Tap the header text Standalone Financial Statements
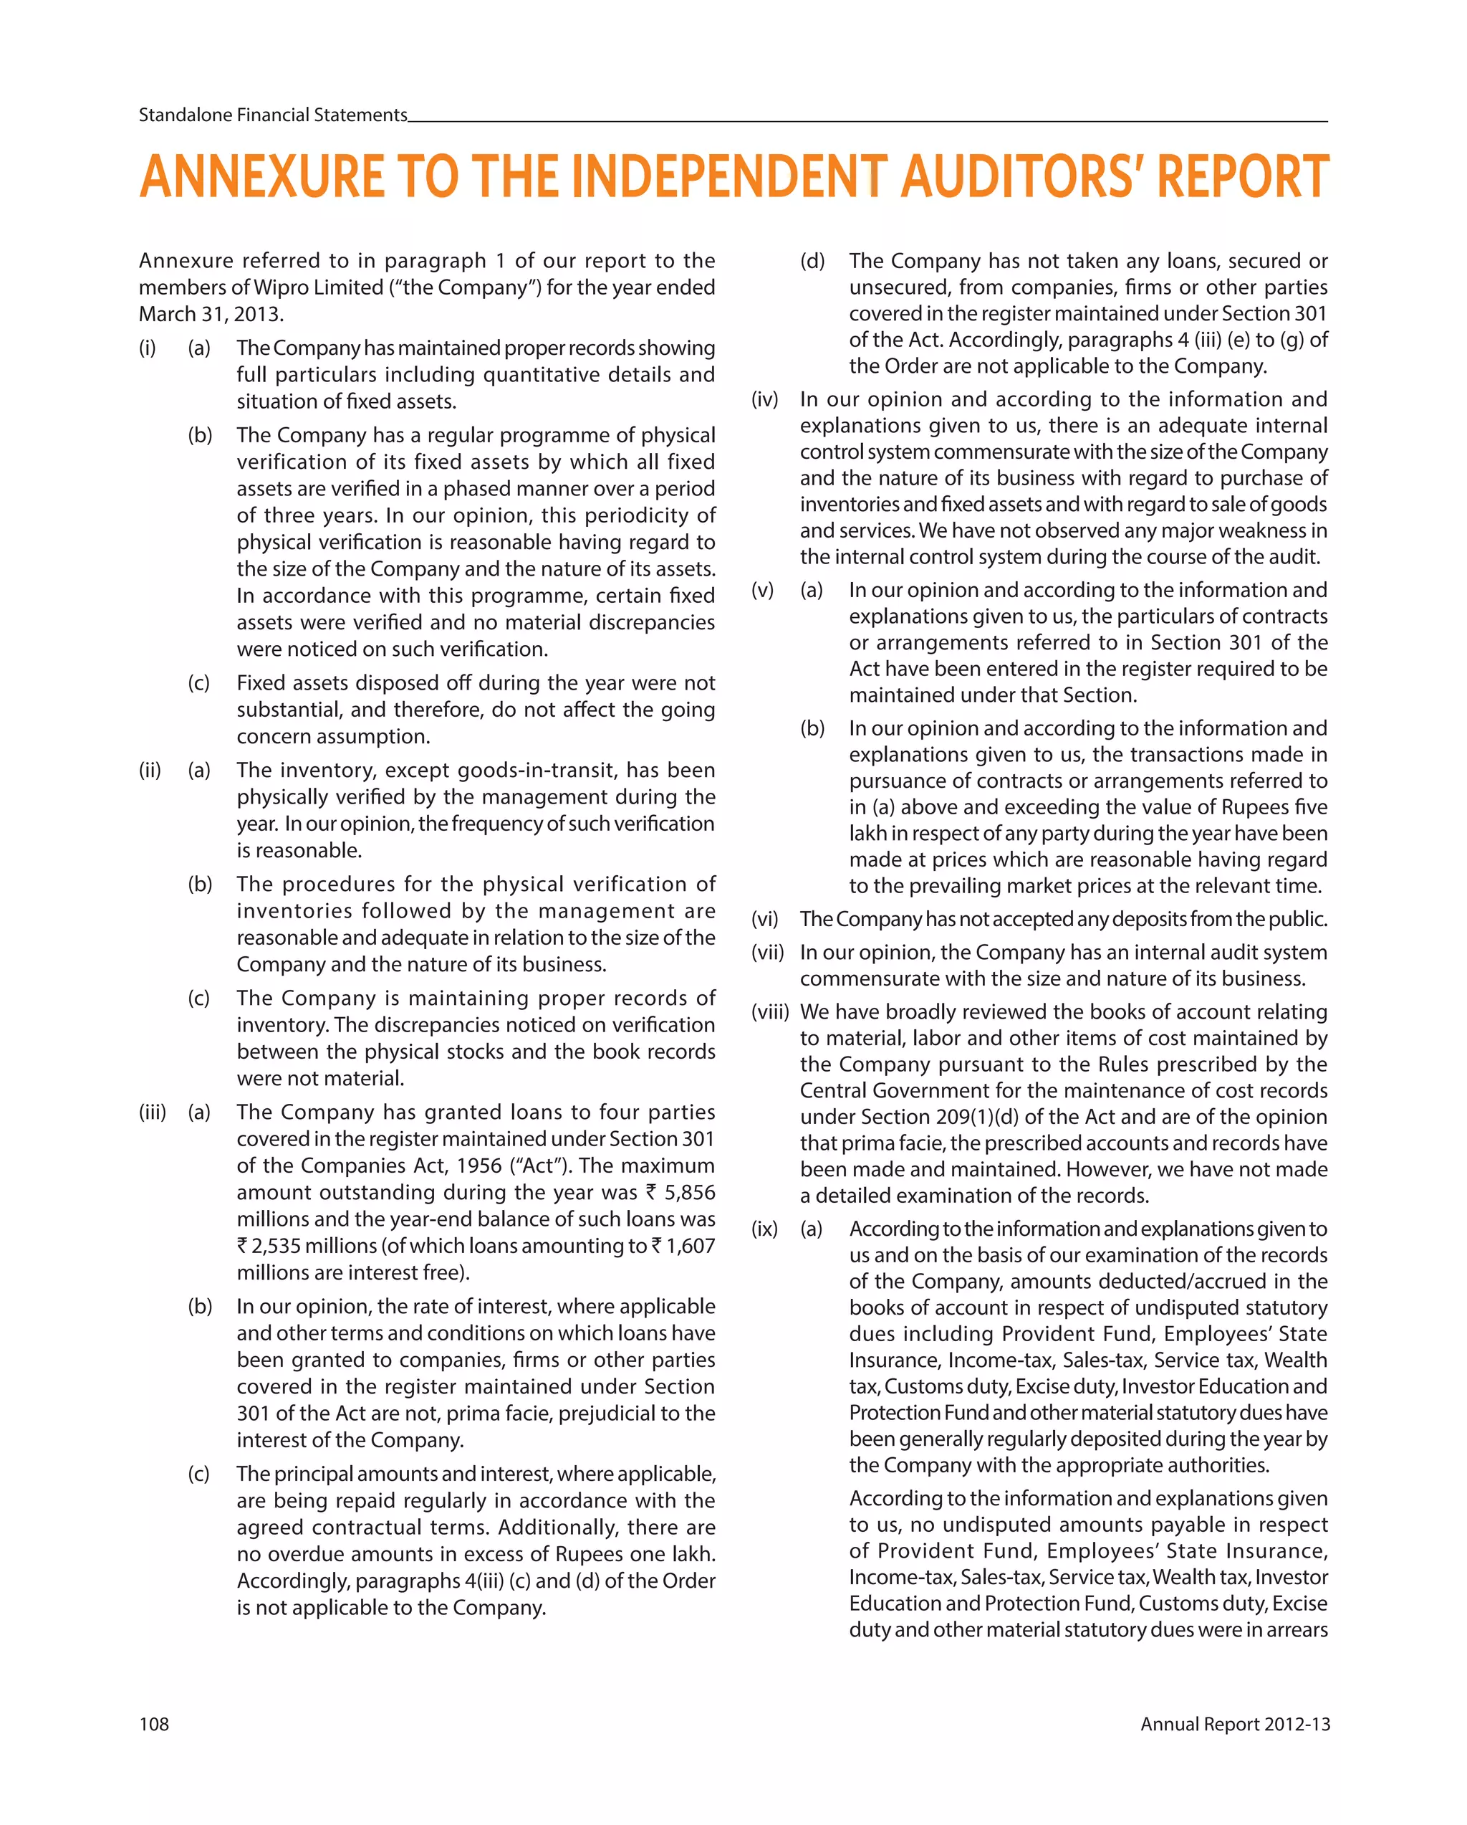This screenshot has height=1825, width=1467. [x=272, y=115]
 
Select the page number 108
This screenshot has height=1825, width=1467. [x=154, y=1724]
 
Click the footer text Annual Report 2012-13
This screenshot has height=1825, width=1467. [x=1234, y=1724]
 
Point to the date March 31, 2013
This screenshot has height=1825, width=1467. [x=211, y=314]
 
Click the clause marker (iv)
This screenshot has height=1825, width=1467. [x=764, y=399]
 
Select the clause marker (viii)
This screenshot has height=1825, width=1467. [x=769, y=1011]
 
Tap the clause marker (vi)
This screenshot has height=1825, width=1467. [x=764, y=919]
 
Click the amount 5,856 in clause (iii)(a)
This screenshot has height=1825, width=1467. [x=690, y=1193]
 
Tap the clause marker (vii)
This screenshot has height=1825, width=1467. [x=766, y=953]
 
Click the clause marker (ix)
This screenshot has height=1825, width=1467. [x=764, y=1229]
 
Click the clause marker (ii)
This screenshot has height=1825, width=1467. [x=149, y=771]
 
